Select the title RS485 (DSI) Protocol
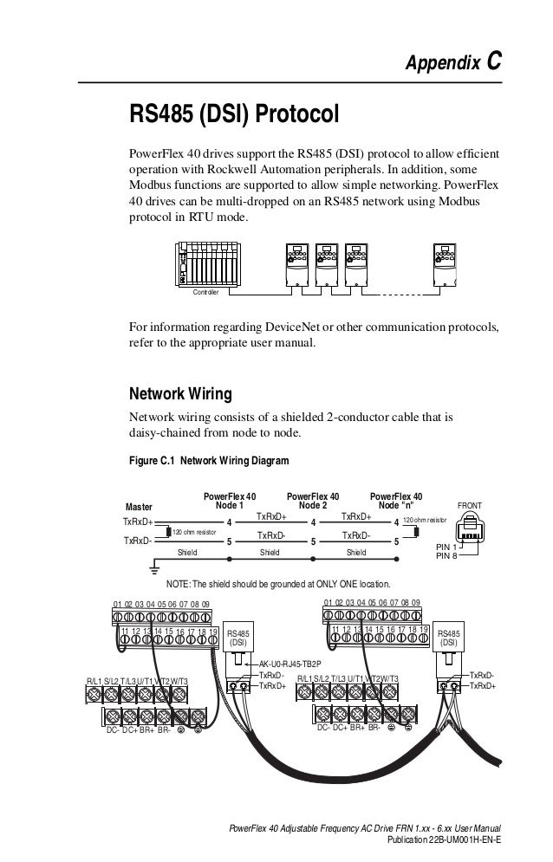(232, 115)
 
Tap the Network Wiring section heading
(179, 394)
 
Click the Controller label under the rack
(205, 293)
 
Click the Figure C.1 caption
(208, 461)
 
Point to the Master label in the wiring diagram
(139, 507)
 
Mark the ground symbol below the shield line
(154, 567)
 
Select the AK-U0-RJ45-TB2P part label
(290, 662)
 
